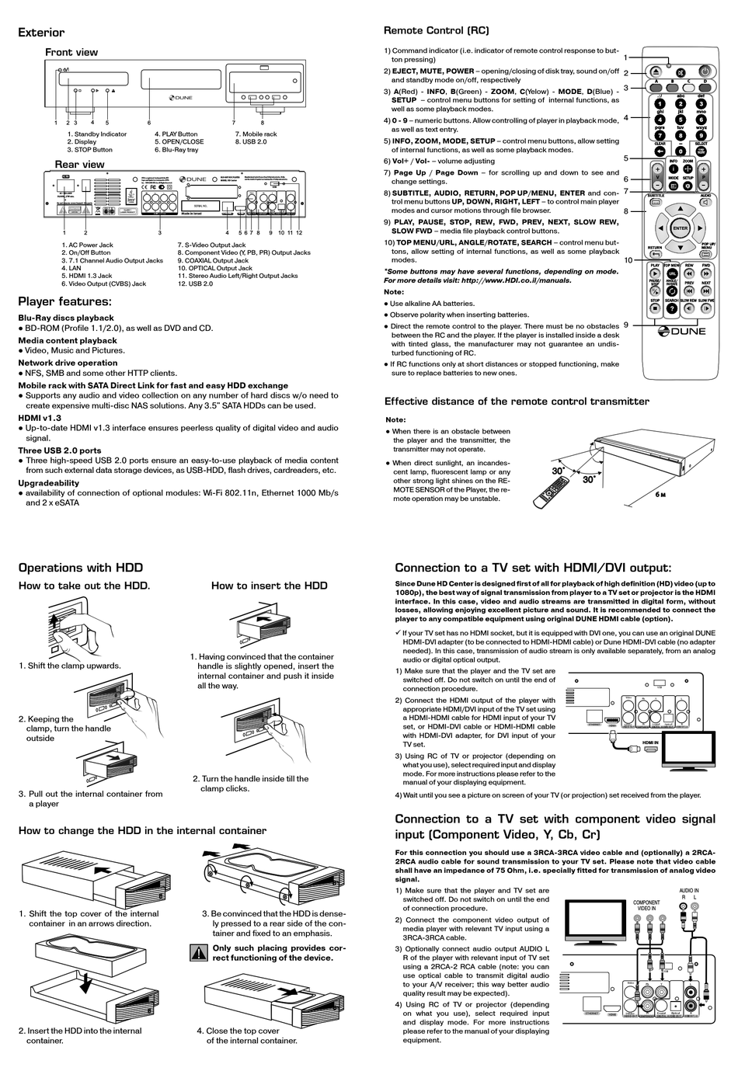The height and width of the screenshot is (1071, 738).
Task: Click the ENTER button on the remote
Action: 681,228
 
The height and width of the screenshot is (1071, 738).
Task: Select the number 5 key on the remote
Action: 681,120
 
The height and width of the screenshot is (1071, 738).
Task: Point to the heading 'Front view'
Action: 71,52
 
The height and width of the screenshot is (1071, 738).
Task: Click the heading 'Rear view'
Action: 79,165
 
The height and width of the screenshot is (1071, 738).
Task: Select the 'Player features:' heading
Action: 64,301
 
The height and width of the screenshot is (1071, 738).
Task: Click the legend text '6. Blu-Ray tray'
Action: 176,150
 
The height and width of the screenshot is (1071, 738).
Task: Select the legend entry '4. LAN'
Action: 75,268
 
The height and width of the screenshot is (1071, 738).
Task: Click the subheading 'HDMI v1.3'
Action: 40,418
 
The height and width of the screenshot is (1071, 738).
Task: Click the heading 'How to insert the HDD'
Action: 269,586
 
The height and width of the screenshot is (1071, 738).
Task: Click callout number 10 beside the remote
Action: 628,260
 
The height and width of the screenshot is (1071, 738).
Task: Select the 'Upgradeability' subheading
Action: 48,482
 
